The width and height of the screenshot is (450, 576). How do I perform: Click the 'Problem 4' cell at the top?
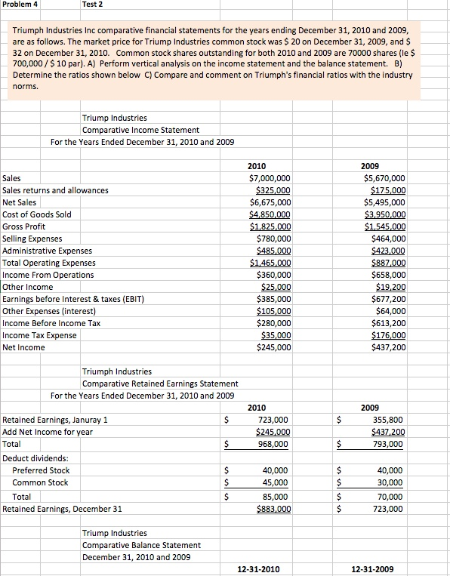pyautogui.click(x=21, y=5)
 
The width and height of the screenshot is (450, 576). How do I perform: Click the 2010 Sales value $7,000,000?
pyautogui.click(x=270, y=178)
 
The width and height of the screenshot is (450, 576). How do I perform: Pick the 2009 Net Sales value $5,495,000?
pyautogui.click(x=384, y=202)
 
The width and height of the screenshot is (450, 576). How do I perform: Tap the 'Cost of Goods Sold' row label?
pyautogui.click(x=37, y=214)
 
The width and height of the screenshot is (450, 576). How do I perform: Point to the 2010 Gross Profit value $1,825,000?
pyautogui.click(x=270, y=226)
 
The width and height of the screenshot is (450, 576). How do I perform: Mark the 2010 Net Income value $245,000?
pyautogui.click(x=273, y=347)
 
